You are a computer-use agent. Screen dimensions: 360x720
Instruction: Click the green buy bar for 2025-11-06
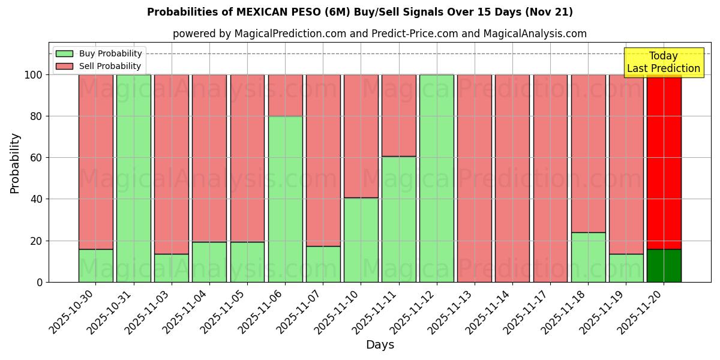click(x=285, y=199)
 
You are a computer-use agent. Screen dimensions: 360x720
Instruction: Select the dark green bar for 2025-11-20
click(x=664, y=265)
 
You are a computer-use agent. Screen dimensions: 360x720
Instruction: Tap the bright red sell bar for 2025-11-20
click(x=664, y=162)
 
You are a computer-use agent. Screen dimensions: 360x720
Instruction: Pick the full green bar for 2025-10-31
click(x=133, y=178)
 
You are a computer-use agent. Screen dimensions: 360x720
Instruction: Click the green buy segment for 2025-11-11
click(x=398, y=219)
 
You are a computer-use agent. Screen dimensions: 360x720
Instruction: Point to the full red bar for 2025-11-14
click(x=512, y=178)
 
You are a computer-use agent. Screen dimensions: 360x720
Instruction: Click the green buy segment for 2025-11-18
click(x=588, y=257)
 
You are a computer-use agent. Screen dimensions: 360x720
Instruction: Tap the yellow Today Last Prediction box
click(x=663, y=62)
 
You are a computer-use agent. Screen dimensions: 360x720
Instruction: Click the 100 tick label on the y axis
click(x=34, y=75)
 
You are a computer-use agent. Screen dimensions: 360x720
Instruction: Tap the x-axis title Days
click(x=380, y=345)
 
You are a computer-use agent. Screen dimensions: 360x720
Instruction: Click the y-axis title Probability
click(x=15, y=163)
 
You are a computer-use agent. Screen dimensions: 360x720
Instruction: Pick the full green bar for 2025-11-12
click(x=436, y=178)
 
